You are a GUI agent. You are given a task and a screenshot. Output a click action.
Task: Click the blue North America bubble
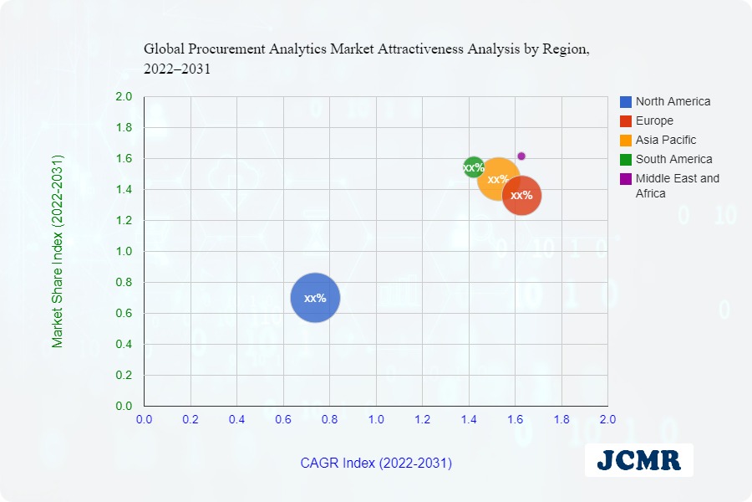(x=315, y=298)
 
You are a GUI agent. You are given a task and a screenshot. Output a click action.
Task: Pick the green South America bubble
(x=473, y=167)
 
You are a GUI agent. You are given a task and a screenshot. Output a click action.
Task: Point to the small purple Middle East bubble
(x=521, y=156)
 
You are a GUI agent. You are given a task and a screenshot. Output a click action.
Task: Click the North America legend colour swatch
(x=626, y=102)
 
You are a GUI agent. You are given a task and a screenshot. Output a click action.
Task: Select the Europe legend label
(x=653, y=120)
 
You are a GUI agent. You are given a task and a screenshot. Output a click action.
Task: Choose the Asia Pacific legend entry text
(x=665, y=140)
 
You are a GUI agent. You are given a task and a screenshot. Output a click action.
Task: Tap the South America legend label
(x=673, y=159)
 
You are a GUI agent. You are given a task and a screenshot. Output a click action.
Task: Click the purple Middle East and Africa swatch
(x=626, y=178)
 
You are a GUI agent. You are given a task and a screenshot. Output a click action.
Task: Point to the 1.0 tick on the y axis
(x=124, y=252)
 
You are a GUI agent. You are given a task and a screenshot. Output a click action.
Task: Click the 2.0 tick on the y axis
(x=124, y=97)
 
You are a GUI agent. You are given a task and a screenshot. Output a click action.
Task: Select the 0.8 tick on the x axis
(x=330, y=418)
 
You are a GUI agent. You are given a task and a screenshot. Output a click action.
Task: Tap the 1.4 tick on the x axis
(x=469, y=418)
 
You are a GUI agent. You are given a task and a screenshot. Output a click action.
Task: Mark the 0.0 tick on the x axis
(x=145, y=418)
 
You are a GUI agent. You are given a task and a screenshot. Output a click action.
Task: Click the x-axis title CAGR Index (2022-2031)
(x=376, y=463)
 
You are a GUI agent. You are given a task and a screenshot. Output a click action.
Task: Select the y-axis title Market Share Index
(x=58, y=251)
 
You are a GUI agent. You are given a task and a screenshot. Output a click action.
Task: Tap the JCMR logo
(x=639, y=459)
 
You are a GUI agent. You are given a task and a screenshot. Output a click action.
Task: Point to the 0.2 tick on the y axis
(x=124, y=376)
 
